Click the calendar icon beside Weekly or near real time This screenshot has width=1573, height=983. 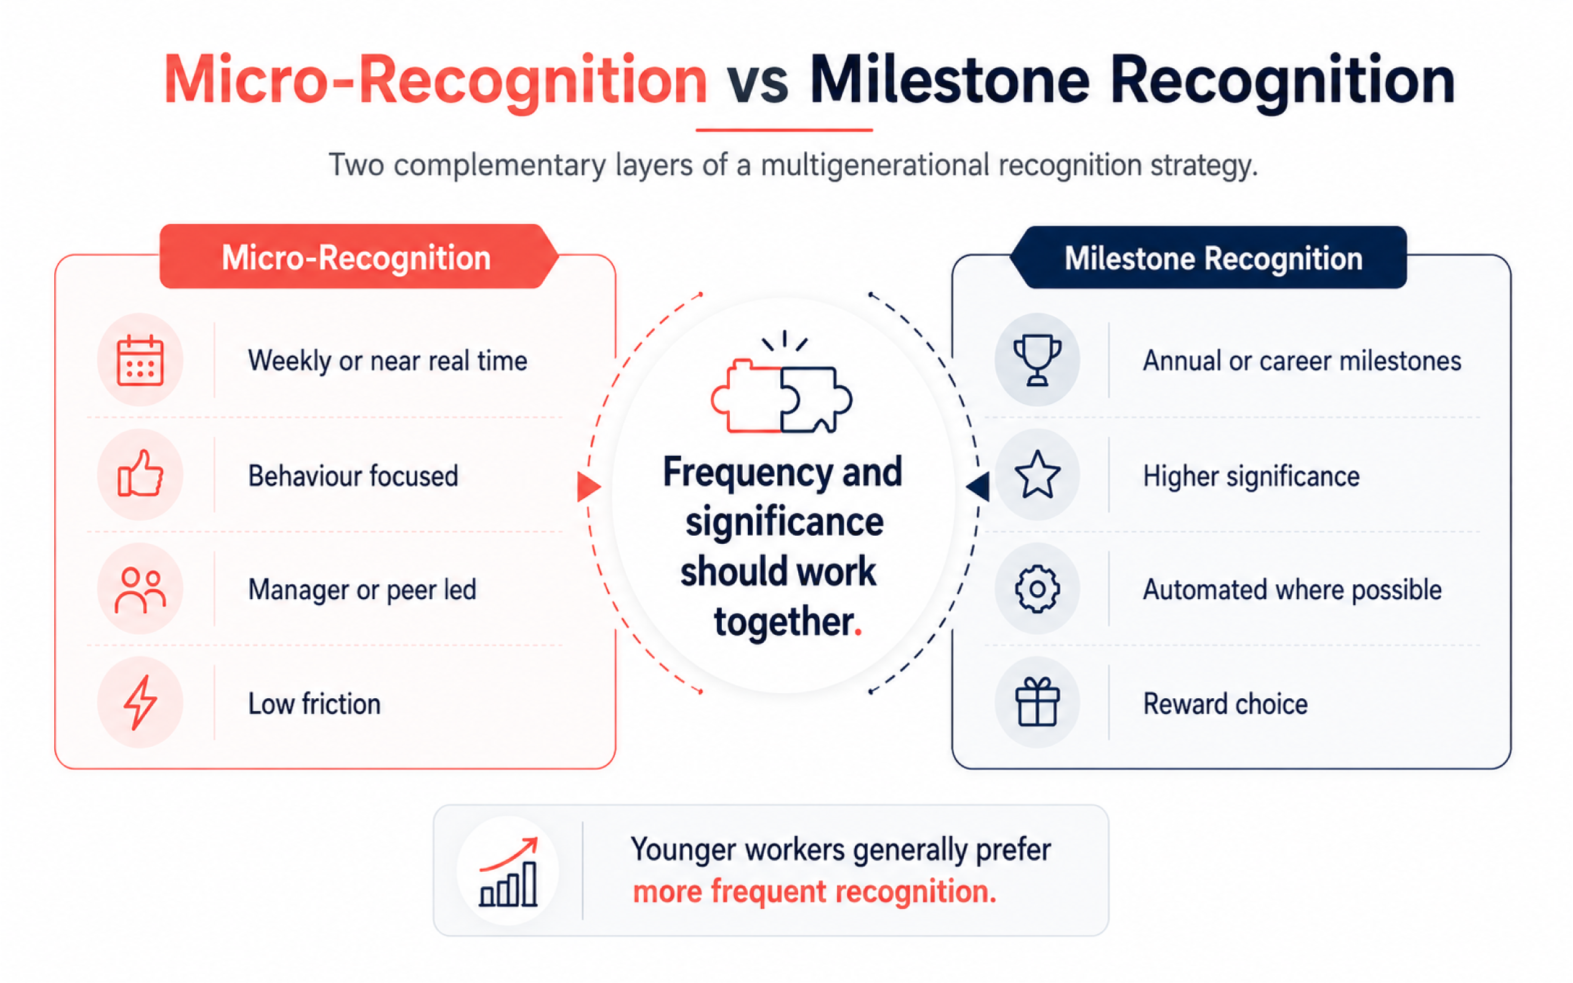[140, 360]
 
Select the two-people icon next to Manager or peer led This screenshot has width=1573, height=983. [140, 590]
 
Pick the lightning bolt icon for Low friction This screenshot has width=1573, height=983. [140, 702]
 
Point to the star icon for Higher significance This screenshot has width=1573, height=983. [1037, 475]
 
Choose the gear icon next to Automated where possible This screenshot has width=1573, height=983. [1037, 589]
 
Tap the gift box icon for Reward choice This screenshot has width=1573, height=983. [1037, 701]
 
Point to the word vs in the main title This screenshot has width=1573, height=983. [758, 82]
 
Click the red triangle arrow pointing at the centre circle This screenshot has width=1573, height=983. [588, 487]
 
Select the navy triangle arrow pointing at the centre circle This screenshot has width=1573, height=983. [978, 487]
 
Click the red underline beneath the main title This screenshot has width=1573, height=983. [783, 130]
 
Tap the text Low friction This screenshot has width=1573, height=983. [314, 704]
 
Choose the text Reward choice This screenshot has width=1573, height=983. [1225, 704]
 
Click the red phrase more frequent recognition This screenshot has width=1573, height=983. [814, 892]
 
